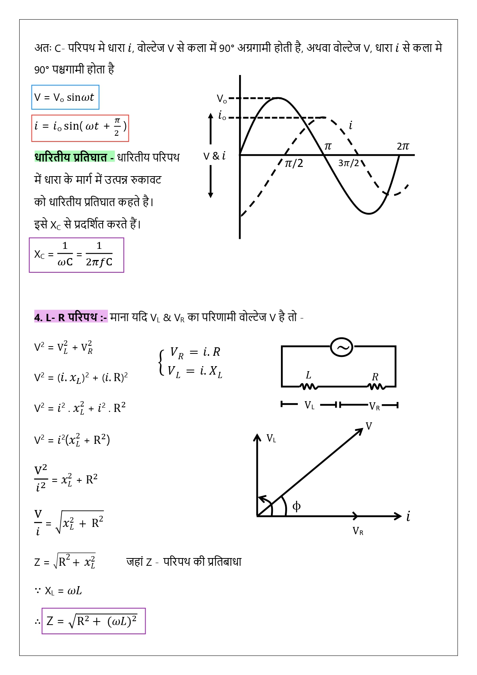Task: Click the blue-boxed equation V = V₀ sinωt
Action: tap(65, 97)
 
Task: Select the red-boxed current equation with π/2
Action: tap(80, 128)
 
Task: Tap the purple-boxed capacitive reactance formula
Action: tap(76, 255)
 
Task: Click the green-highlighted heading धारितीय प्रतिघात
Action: tap(74, 157)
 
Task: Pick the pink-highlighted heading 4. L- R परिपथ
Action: tap(71, 317)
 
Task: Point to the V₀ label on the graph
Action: tap(222, 99)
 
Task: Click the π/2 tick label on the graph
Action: tap(294, 163)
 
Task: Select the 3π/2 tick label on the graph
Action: tap(348, 163)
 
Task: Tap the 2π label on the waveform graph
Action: tap(403, 146)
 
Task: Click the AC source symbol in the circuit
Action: tap(342, 347)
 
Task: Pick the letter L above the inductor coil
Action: tap(308, 375)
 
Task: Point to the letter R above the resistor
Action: tap(375, 377)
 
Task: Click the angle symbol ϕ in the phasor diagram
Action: tap(296, 506)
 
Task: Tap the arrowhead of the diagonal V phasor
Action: tap(360, 430)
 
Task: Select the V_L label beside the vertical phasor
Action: tap(271, 438)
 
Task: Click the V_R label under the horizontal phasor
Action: tap(358, 531)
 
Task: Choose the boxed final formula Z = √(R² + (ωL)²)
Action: tap(93, 621)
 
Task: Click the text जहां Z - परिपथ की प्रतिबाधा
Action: tap(184, 562)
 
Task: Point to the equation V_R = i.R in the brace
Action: tap(195, 352)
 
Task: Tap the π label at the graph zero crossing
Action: tap(328, 146)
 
